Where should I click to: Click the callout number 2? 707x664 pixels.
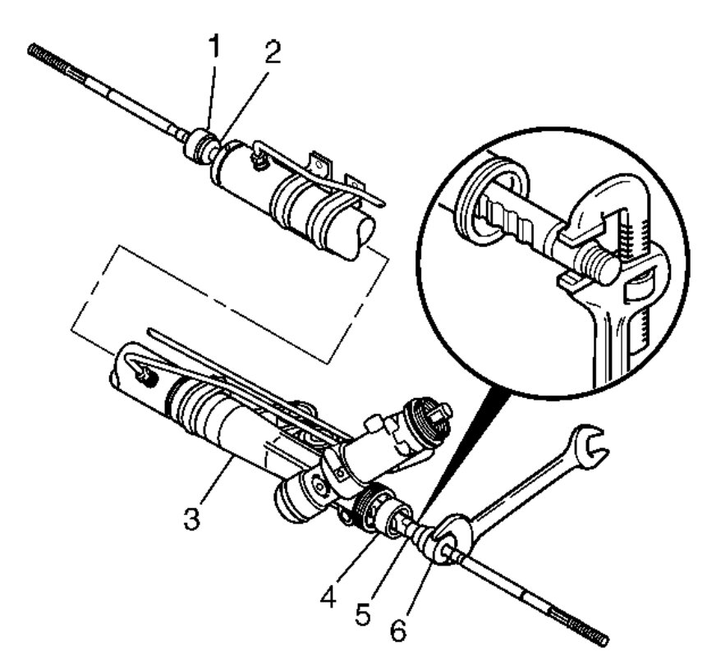pos(273,53)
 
